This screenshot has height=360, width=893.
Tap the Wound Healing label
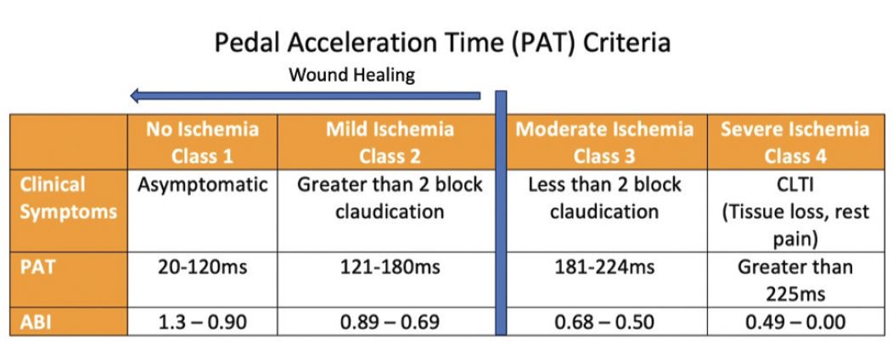[352, 75]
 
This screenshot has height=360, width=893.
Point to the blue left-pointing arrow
[306, 96]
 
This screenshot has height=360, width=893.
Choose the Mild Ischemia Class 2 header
[390, 142]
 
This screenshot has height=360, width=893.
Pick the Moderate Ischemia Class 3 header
[604, 142]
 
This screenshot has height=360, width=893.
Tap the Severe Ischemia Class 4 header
[794, 142]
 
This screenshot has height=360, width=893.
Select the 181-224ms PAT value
[604, 268]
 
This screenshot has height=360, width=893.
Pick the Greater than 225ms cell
[794, 280]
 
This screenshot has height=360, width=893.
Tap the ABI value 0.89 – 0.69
[390, 323]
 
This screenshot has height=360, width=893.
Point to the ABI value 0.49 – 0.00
[794, 323]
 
